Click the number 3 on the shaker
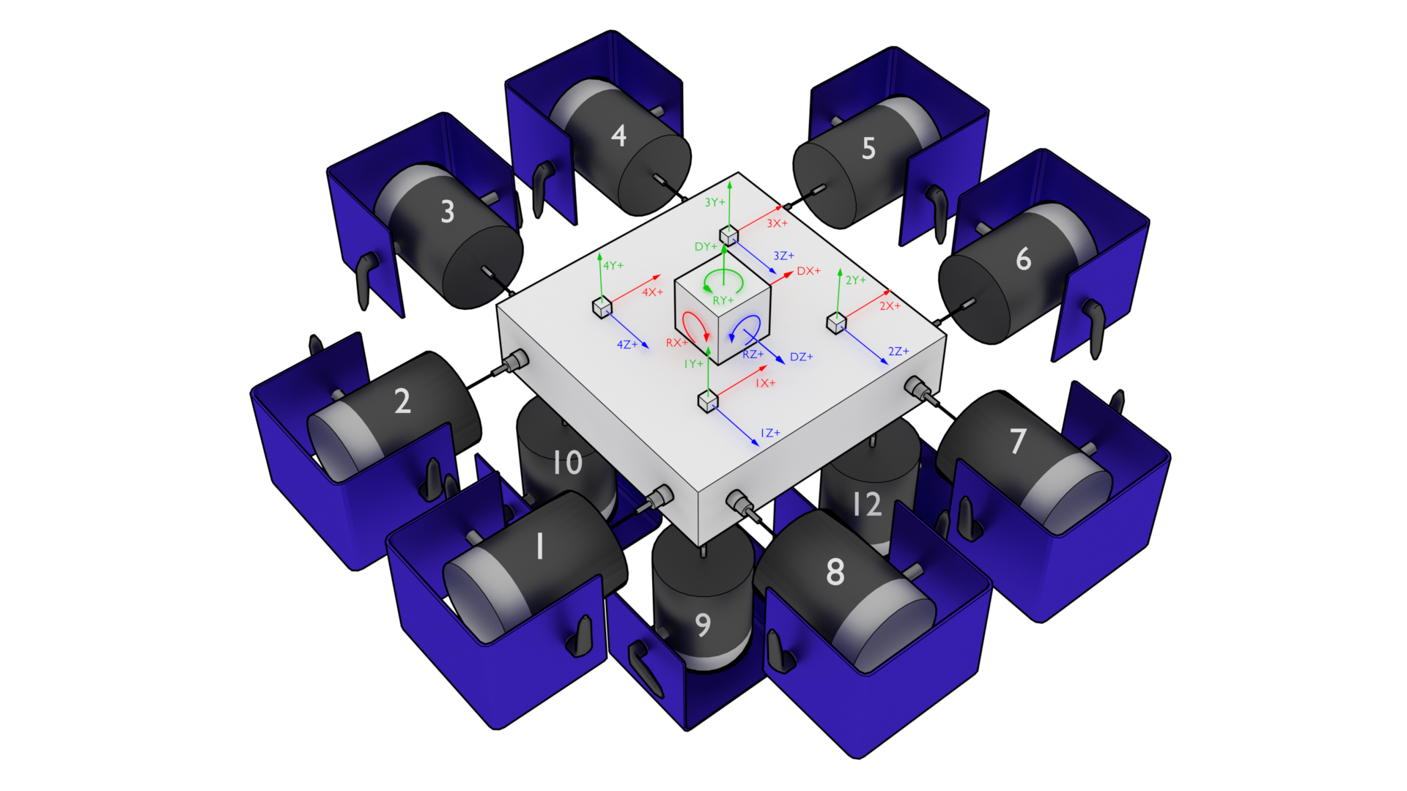[448, 212]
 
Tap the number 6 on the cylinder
[1023, 259]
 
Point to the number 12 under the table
[867, 504]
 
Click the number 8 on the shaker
[835, 572]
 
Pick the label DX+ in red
[809, 271]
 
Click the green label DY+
[705, 247]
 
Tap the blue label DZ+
[802, 357]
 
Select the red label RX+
[676, 343]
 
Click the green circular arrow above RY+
[723, 281]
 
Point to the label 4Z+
[627, 344]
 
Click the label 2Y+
[856, 281]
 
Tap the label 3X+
[778, 223]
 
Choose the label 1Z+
[770, 434]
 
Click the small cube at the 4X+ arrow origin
[602, 308]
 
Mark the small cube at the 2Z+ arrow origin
[836, 322]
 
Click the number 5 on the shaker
[868, 149]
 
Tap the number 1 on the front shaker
[540, 546]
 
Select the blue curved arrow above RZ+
[747, 327]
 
